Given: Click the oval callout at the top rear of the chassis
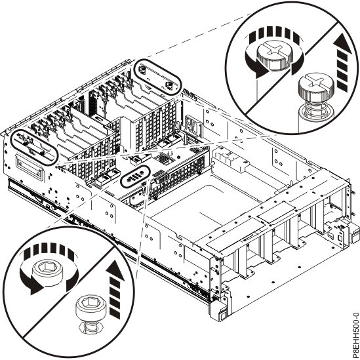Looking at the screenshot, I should (x=157, y=77).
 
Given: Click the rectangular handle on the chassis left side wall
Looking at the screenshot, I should (x=33, y=172).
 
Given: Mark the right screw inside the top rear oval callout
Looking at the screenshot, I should (x=169, y=85).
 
